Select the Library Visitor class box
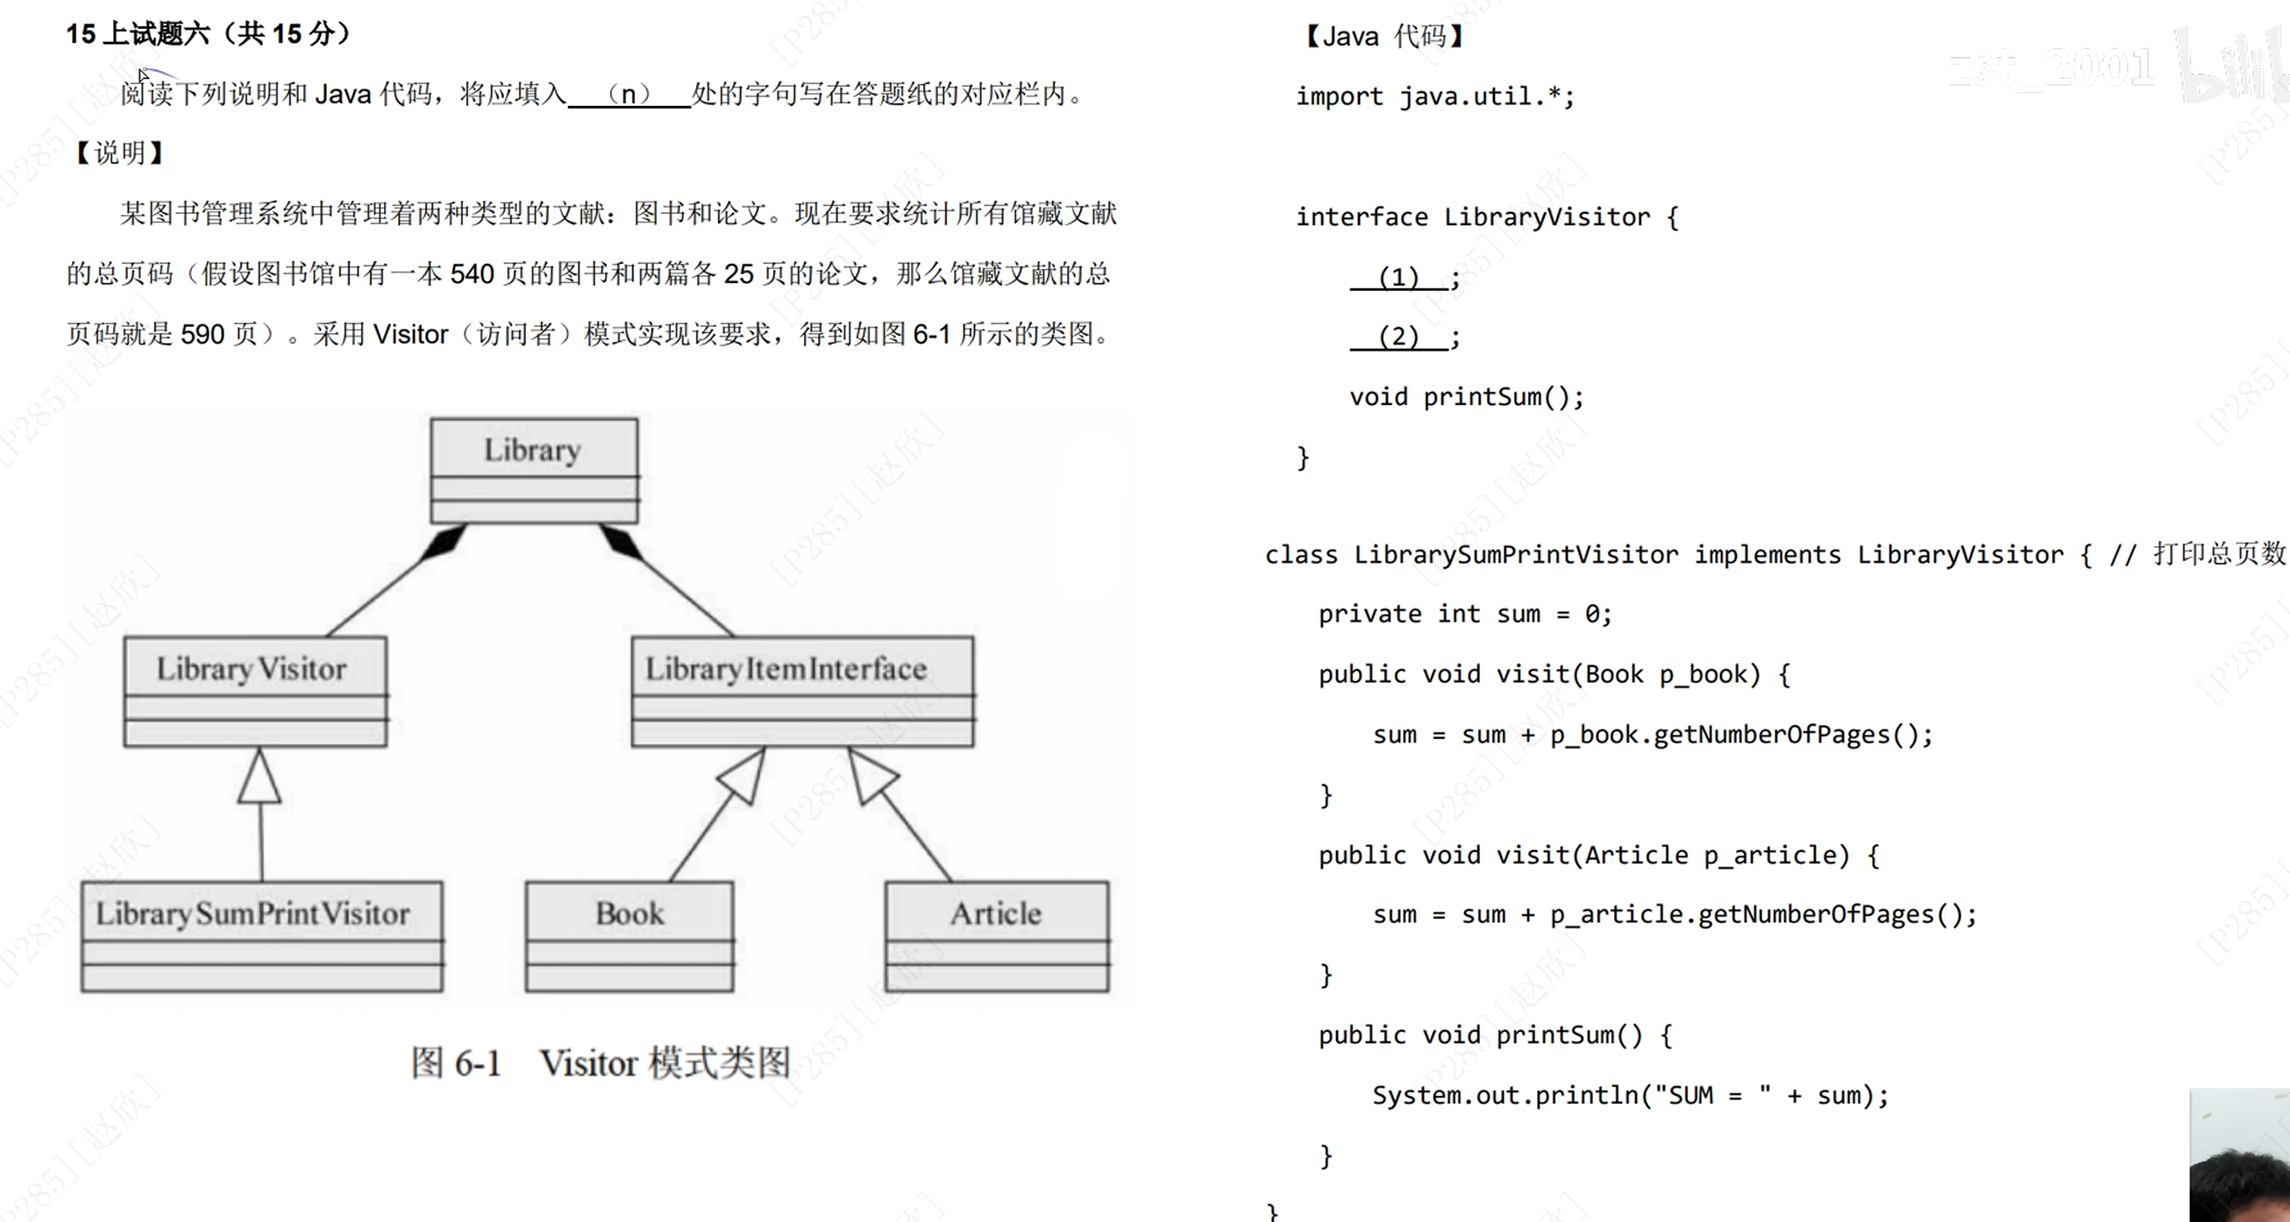255,691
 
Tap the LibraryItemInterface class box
802,691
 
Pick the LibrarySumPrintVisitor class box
261,936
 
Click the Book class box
629,936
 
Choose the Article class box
997,936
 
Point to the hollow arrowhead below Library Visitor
260,778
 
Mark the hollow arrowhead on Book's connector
744,775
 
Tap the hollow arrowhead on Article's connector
871,775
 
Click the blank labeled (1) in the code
1398,277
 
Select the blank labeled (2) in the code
1398,337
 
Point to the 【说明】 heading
119,153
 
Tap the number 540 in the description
471,274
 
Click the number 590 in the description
202,334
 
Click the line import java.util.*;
1434,96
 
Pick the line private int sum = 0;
1464,615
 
